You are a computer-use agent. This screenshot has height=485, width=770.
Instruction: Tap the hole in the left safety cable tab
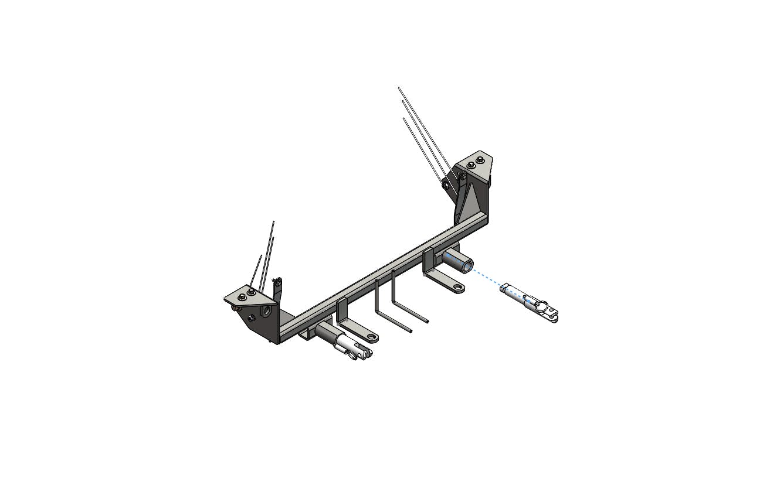(371, 338)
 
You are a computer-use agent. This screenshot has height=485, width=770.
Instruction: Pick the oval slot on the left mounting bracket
(268, 310)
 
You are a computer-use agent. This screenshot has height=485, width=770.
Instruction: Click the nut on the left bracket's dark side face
(252, 317)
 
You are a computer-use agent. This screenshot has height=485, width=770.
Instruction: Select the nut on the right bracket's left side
(446, 185)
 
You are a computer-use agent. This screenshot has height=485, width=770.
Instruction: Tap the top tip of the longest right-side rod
(399, 88)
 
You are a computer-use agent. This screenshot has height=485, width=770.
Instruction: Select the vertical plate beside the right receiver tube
(428, 261)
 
